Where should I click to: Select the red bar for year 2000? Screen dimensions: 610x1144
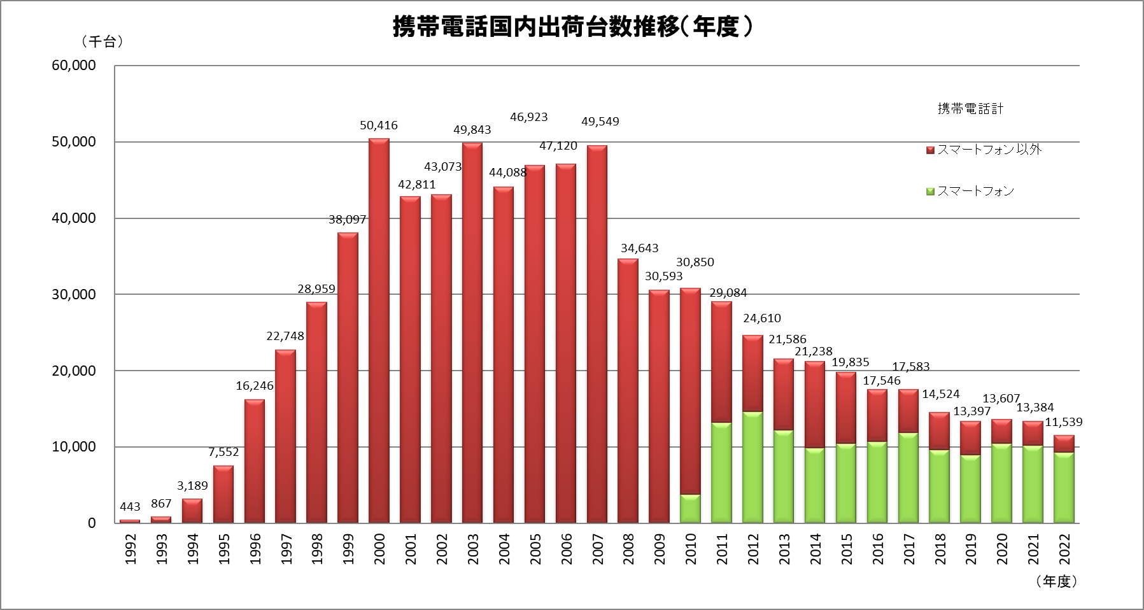[x=379, y=331]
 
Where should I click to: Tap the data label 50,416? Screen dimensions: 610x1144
[x=379, y=125]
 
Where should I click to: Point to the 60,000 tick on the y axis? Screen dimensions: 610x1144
[x=74, y=66]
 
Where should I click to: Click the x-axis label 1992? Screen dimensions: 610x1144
[x=130, y=549]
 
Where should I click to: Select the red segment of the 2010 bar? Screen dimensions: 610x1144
[x=690, y=392]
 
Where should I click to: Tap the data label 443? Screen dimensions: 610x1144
[x=130, y=507]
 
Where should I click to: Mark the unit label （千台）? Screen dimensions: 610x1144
[x=102, y=42]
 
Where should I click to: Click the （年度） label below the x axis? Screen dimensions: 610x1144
[x=1056, y=581]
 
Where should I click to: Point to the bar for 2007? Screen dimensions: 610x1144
[x=597, y=334]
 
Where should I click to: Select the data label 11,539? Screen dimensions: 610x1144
[x=1063, y=422]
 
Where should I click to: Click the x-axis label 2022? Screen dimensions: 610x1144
[x=1064, y=549]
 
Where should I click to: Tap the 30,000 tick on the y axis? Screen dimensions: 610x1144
[x=74, y=294]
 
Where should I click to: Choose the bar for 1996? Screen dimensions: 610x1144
[x=254, y=462]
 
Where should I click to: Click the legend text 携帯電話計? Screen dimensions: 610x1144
[x=970, y=109]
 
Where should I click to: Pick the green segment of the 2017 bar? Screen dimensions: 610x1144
[x=908, y=478]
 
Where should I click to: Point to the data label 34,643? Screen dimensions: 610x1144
[x=639, y=248]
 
